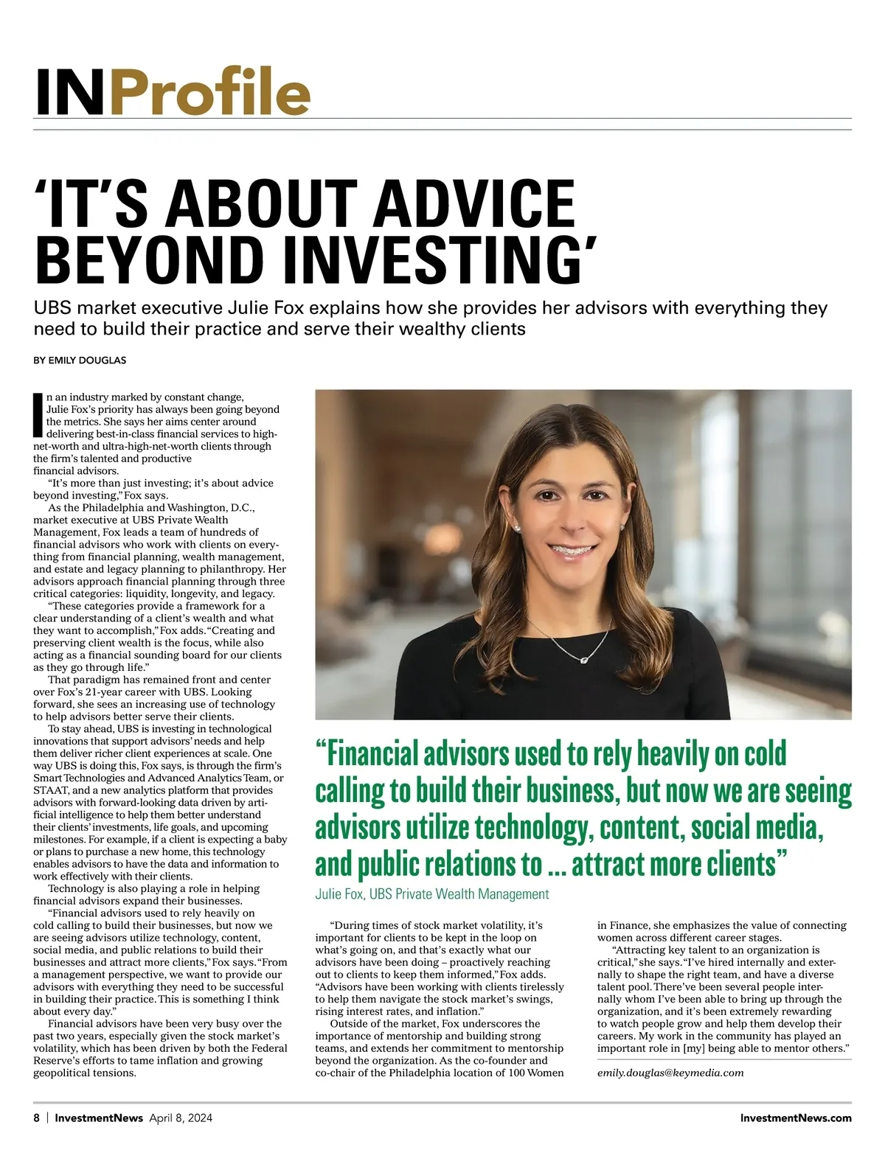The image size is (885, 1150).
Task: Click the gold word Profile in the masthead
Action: pyautogui.click(x=212, y=92)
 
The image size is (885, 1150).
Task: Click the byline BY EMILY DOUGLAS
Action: pyautogui.click(x=80, y=360)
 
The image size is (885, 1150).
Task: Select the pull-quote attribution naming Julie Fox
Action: pyautogui.click(x=431, y=894)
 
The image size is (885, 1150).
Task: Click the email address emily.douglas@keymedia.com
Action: pyautogui.click(x=670, y=1073)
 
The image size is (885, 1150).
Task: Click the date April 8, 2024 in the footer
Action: pyautogui.click(x=181, y=1118)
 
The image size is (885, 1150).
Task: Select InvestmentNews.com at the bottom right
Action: pyautogui.click(x=795, y=1118)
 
